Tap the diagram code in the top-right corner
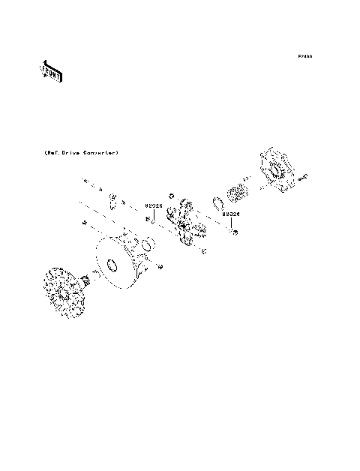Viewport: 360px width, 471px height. point(304,56)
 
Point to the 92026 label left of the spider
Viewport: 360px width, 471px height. point(153,205)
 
